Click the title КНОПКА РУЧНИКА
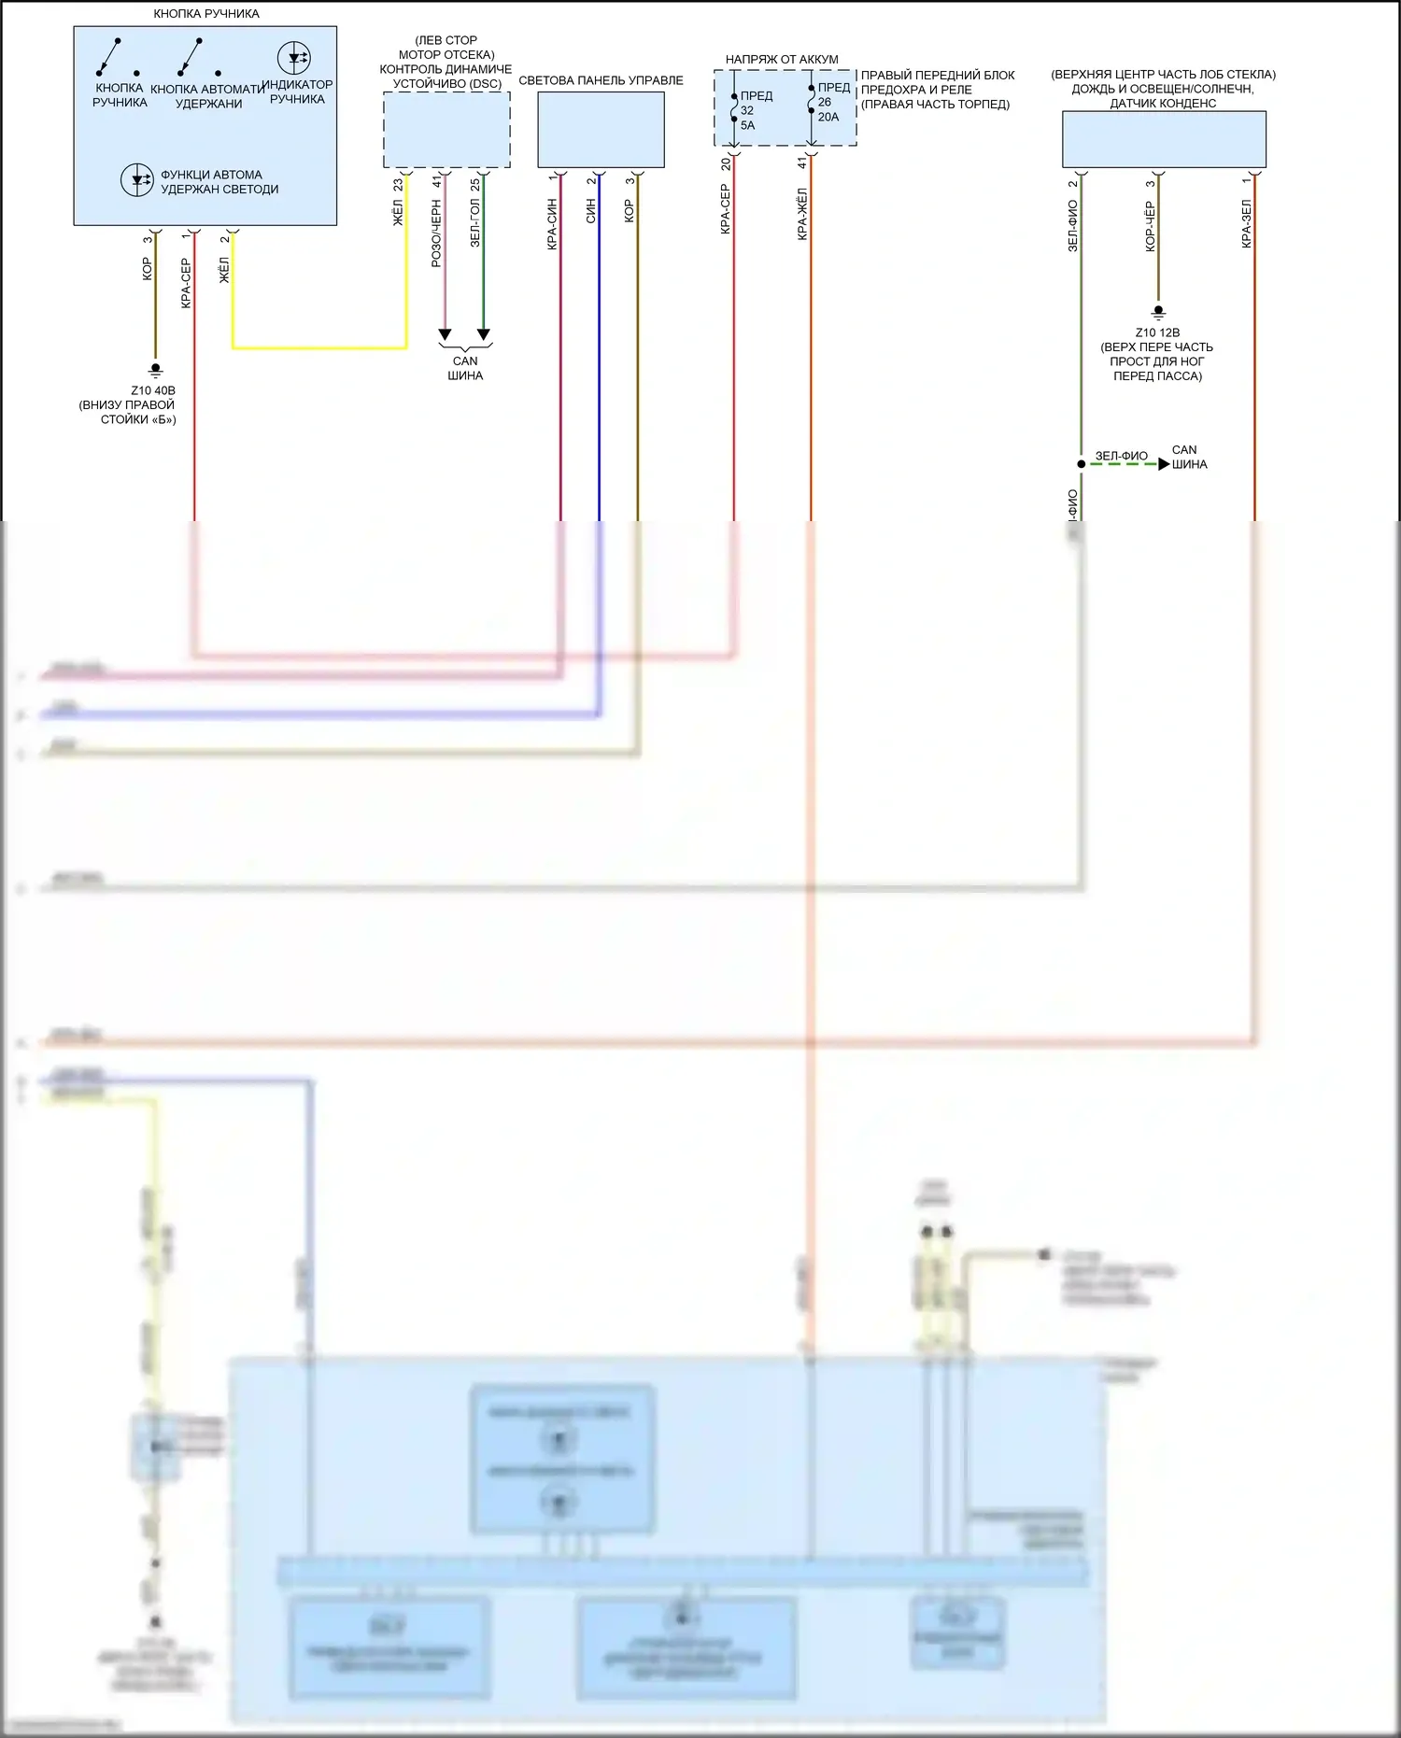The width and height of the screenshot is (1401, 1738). pyautogui.click(x=206, y=14)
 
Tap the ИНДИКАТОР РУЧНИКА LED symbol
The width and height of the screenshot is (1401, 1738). pyautogui.click(x=294, y=58)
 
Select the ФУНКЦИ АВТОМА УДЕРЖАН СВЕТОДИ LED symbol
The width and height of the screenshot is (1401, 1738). pyautogui.click(x=137, y=179)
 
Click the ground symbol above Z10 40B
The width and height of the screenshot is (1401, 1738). pyautogui.click(x=156, y=370)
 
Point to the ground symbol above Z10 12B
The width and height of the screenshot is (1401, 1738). pyautogui.click(x=1158, y=312)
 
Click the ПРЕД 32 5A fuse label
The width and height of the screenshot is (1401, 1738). pyautogui.click(x=756, y=110)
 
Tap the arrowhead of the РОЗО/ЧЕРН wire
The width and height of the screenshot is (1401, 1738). pyautogui.click(x=445, y=334)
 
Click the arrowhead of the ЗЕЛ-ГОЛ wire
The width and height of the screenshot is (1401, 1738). pyautogui.click(x=484, y=334)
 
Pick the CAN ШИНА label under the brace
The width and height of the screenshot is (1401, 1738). pyautogui.click(x=465, y=368)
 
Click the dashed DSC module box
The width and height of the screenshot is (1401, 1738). pyautogui.click(x=446, y=130)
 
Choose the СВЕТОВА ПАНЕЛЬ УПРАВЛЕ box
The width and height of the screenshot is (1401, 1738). pyautogui.click(x=601, y=130)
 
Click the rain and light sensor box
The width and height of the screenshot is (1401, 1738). pyautogui.click(x=1164, y=139)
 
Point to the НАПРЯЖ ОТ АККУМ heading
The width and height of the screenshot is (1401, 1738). pyautogui.click(x=782, y=59)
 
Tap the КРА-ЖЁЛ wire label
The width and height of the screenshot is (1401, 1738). pyautogui.click(x=802, y=214)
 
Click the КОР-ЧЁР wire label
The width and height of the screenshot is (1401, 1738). pyautogui.click(x=1150, y=226)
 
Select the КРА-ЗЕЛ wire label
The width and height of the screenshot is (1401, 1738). pyautogui.click(x=1246, y=223)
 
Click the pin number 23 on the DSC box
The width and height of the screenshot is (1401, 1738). pyautogui.click(x=398, y=185)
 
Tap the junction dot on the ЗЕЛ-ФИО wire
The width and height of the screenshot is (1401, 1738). pyautogui.click(x=1082, y=463)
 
